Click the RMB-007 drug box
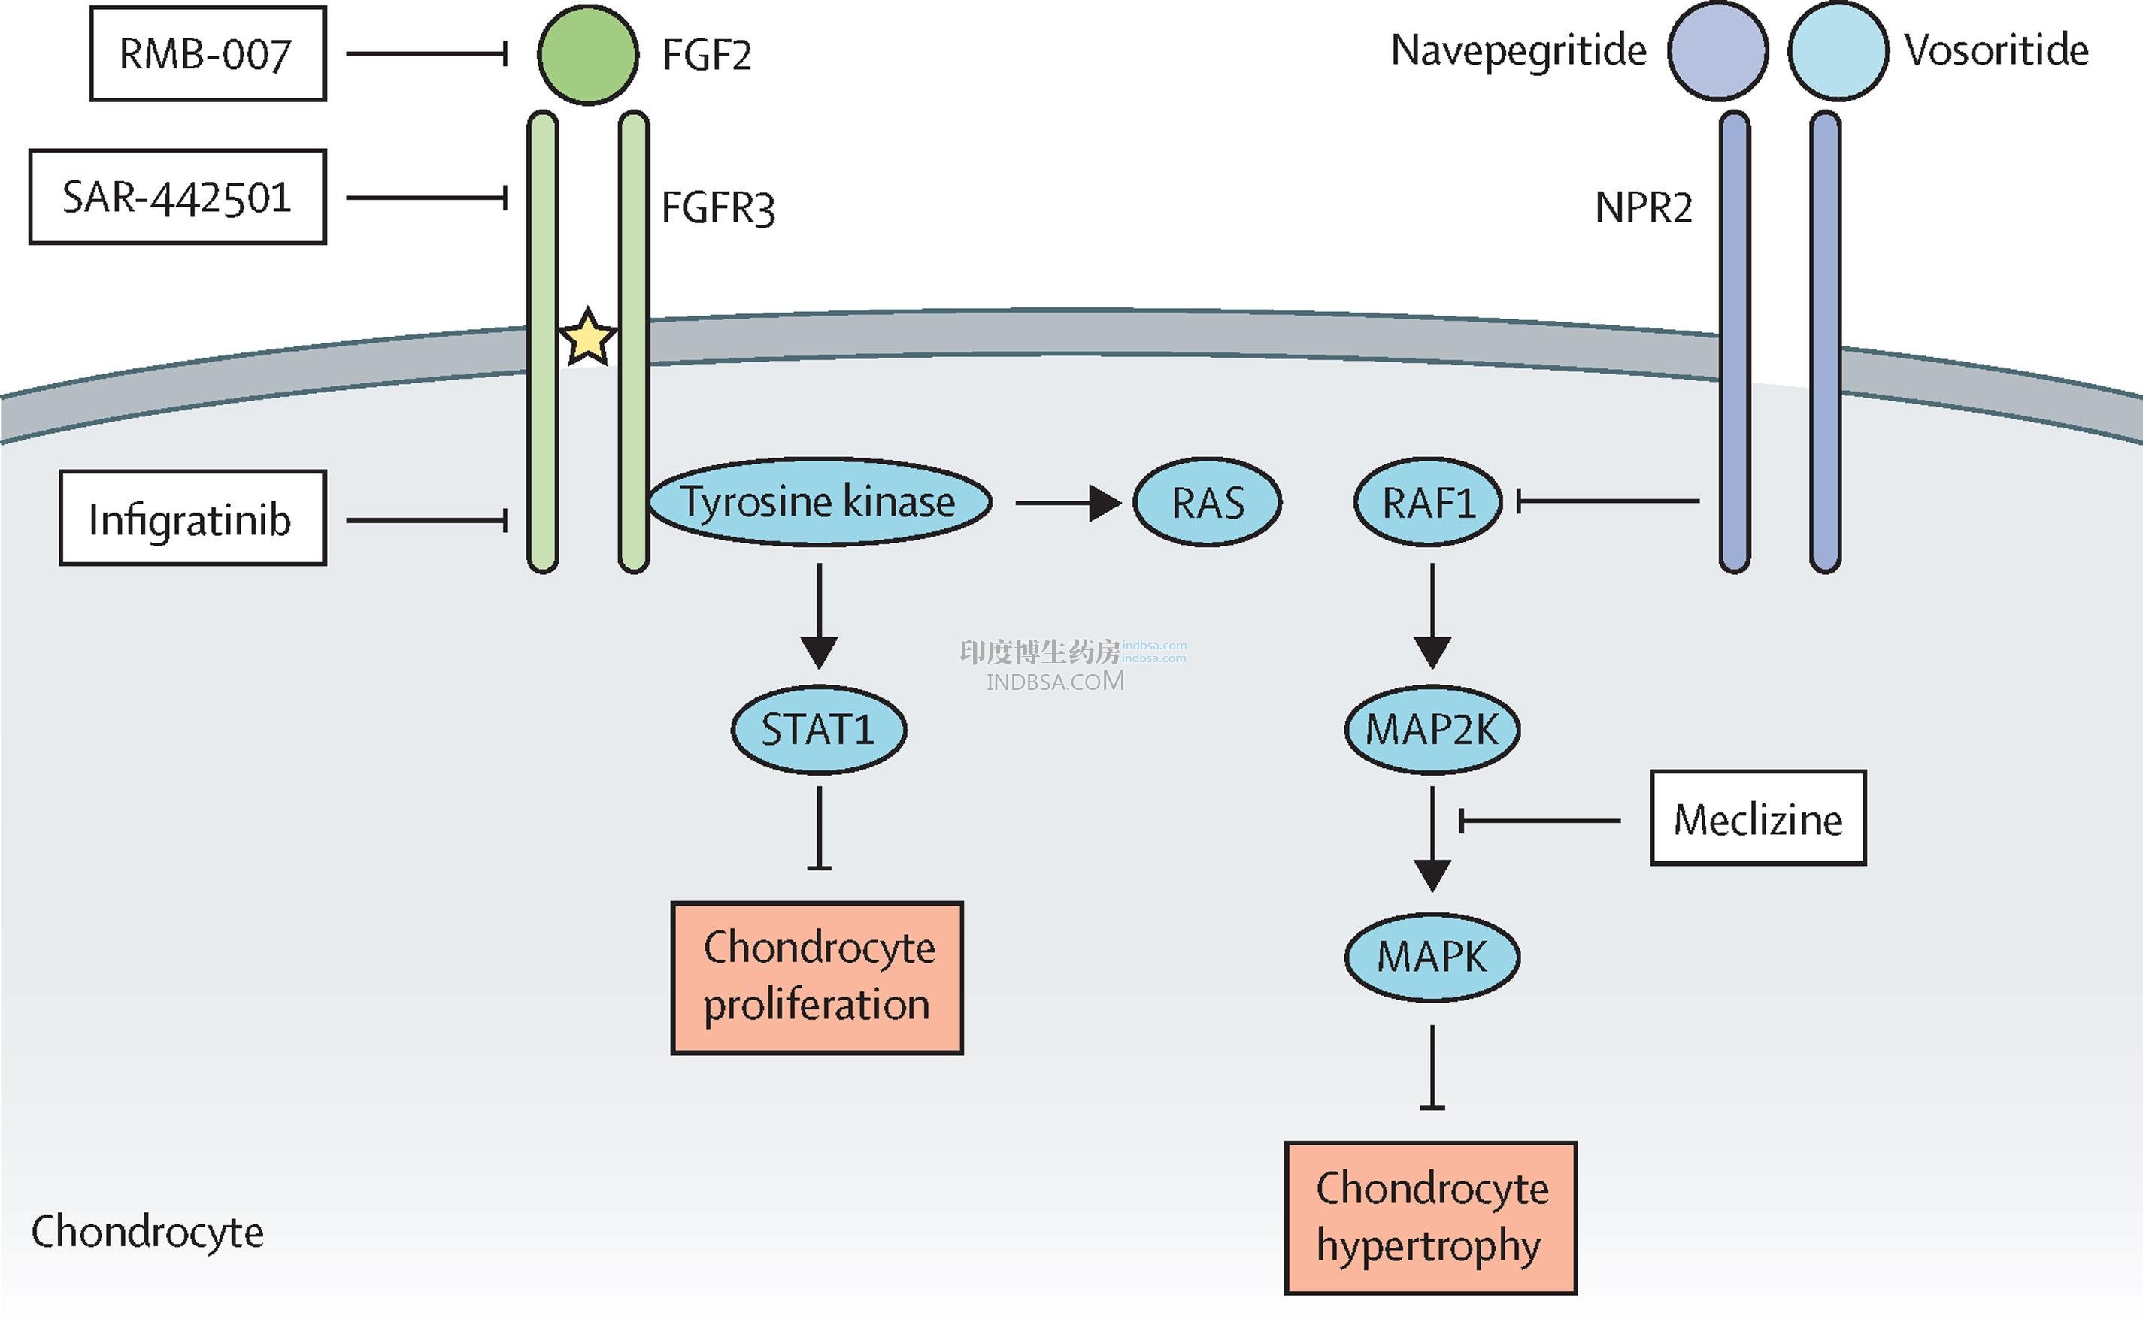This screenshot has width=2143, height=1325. coord(208,54)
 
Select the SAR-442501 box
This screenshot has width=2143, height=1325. coord(177,197)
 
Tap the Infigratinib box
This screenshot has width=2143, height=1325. coord(192,519)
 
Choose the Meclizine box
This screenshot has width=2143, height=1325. coord(1757,818)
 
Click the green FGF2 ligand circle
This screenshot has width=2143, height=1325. coord(587,54)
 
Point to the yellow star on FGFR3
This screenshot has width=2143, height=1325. coord(587,337)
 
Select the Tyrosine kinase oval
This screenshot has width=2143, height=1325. coord(820,502)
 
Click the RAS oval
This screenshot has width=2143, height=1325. coord(1207,502)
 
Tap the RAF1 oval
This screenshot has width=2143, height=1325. coord(1428,502)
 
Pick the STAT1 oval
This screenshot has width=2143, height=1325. coord(819,729)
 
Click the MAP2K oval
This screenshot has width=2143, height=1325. coord(1431,729)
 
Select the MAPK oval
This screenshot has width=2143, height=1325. coord(1431,956)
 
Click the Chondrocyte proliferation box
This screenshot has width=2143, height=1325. coord(817,977)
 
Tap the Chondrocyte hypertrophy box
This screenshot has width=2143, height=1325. coord(1430,1218)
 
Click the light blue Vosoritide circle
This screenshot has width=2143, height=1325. coord(1837,51)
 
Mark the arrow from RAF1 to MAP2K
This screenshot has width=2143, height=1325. coord(1432,616)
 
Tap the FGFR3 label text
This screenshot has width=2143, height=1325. coord(718,209)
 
